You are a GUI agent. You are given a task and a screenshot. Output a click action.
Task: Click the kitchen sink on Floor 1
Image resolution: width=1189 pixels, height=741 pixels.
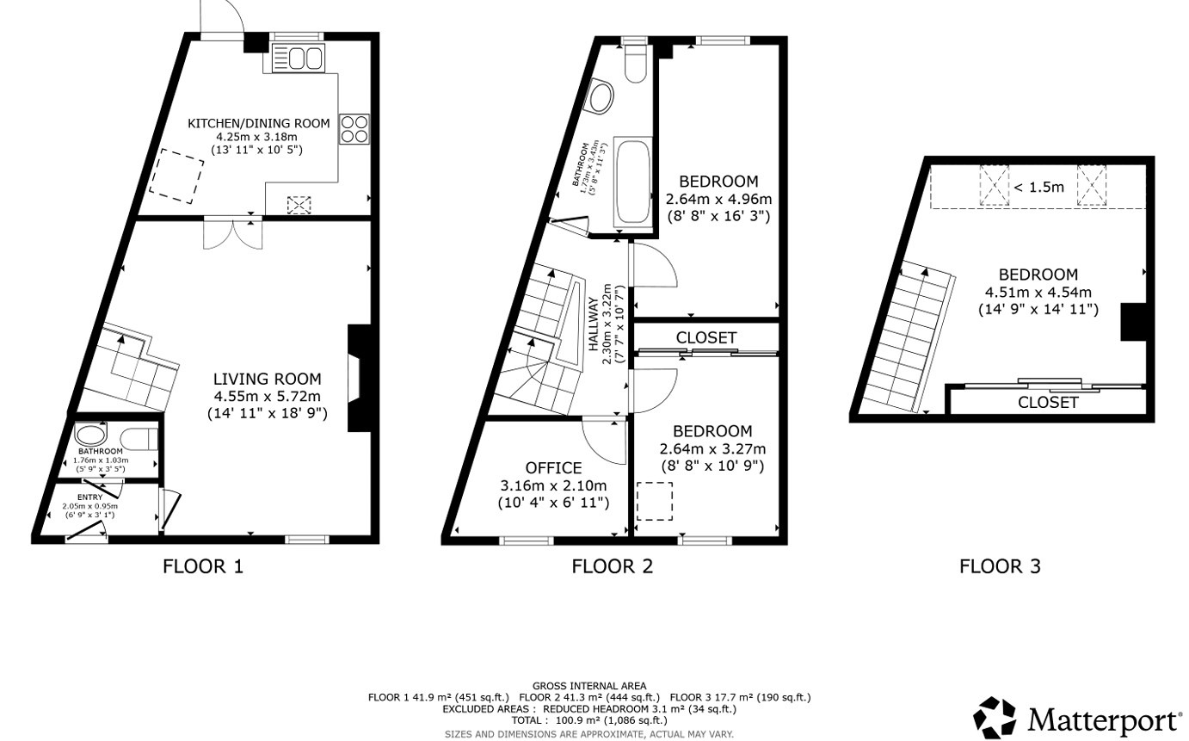click(298, 59)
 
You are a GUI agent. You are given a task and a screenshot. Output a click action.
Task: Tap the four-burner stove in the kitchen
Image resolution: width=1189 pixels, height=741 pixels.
click(354, 129)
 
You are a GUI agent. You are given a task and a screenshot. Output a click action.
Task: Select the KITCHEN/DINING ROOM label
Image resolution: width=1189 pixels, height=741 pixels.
click(259, 123)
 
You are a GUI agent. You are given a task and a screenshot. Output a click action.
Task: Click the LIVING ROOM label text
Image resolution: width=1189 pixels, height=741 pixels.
click(267, 380)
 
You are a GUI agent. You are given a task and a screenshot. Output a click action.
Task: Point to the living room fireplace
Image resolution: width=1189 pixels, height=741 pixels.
click(355, 377)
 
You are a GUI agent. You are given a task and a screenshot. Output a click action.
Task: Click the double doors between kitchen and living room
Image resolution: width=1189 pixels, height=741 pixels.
click(232, 231)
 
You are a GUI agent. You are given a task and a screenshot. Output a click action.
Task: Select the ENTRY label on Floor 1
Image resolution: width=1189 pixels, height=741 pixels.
click(89, 497)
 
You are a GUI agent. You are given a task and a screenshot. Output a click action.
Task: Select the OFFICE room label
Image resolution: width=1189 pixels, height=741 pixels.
click(553, 468)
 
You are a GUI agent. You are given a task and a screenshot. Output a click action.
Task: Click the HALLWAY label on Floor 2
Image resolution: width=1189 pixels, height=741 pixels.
click(594, 324)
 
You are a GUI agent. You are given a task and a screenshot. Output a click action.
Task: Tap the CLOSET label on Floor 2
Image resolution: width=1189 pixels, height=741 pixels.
click(705, 337)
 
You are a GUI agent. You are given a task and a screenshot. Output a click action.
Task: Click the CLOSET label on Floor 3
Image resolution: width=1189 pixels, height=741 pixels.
click(1047, 402)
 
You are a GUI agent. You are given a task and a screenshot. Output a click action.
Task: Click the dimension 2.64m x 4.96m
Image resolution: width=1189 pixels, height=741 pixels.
click(718, 199)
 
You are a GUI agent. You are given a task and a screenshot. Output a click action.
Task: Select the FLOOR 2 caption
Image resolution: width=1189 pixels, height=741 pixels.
click(612, 566)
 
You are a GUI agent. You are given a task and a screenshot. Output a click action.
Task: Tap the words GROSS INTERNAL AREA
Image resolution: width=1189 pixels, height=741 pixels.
click(588, 686)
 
